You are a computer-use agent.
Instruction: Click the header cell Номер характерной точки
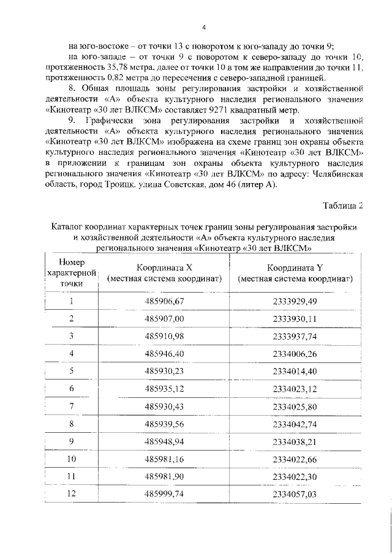[x=72, y=273]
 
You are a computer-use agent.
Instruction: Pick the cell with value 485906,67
[x=164, y=301]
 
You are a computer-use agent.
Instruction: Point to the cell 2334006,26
[x=295, y=354]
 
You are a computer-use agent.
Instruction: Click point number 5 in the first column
[x=72, y=371]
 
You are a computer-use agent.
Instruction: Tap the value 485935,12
[x=164, y=389]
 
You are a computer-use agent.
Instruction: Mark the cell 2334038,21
[x=295, y=441]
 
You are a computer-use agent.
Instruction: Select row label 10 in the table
[x=72, y=459]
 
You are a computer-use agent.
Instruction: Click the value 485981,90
[x=164, y=476]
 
